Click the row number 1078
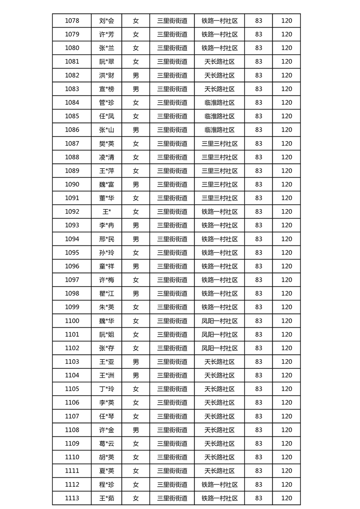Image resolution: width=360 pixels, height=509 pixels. pyautogui.click(x=72, y=20)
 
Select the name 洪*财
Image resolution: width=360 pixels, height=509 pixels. pyautogui.click(x=107, y=75)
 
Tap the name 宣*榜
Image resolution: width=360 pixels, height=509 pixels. pyautogui.click(x=107, y=89)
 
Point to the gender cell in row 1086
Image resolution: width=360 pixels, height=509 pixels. pyautogui.click(x=136, y=130)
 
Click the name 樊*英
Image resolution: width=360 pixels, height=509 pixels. pyautogui.click(x=107, y=143)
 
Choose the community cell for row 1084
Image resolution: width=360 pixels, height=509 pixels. pyautogui.click(x=219, y=103)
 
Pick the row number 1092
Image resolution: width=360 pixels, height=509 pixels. pyautogui.click(x=72, y=211)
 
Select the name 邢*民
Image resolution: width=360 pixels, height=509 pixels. pyautogui.click(x=107, y=239)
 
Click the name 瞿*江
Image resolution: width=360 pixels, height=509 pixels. pyautogui.click(x=107, y=294)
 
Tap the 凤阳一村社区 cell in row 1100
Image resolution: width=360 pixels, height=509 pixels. pyautogui.click(x=219, y=321)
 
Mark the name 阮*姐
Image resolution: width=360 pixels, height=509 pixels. pyautogui.click(x=107, y=334)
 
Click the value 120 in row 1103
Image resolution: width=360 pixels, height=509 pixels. pyautogui.click(x=286, y=362)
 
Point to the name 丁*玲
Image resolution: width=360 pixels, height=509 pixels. pyautogui.click(x=107, y=389)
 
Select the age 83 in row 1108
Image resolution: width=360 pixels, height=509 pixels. pyautogui.click(x=258, y=430)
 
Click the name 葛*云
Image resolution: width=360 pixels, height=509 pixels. pyautogui.click(x=107, y=443)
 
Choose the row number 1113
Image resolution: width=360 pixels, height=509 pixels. pyautogui.click(x=72, y=498)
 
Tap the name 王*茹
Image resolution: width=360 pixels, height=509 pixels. pyautogui.click(x=107, y=498)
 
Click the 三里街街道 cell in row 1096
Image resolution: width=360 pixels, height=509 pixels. pyautogui.click(x=172, y=266)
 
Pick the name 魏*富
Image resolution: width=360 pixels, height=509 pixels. pyautogui.click(x=107, y=184)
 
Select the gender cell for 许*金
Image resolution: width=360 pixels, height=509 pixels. pyautogui.click(x=136, y=430)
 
